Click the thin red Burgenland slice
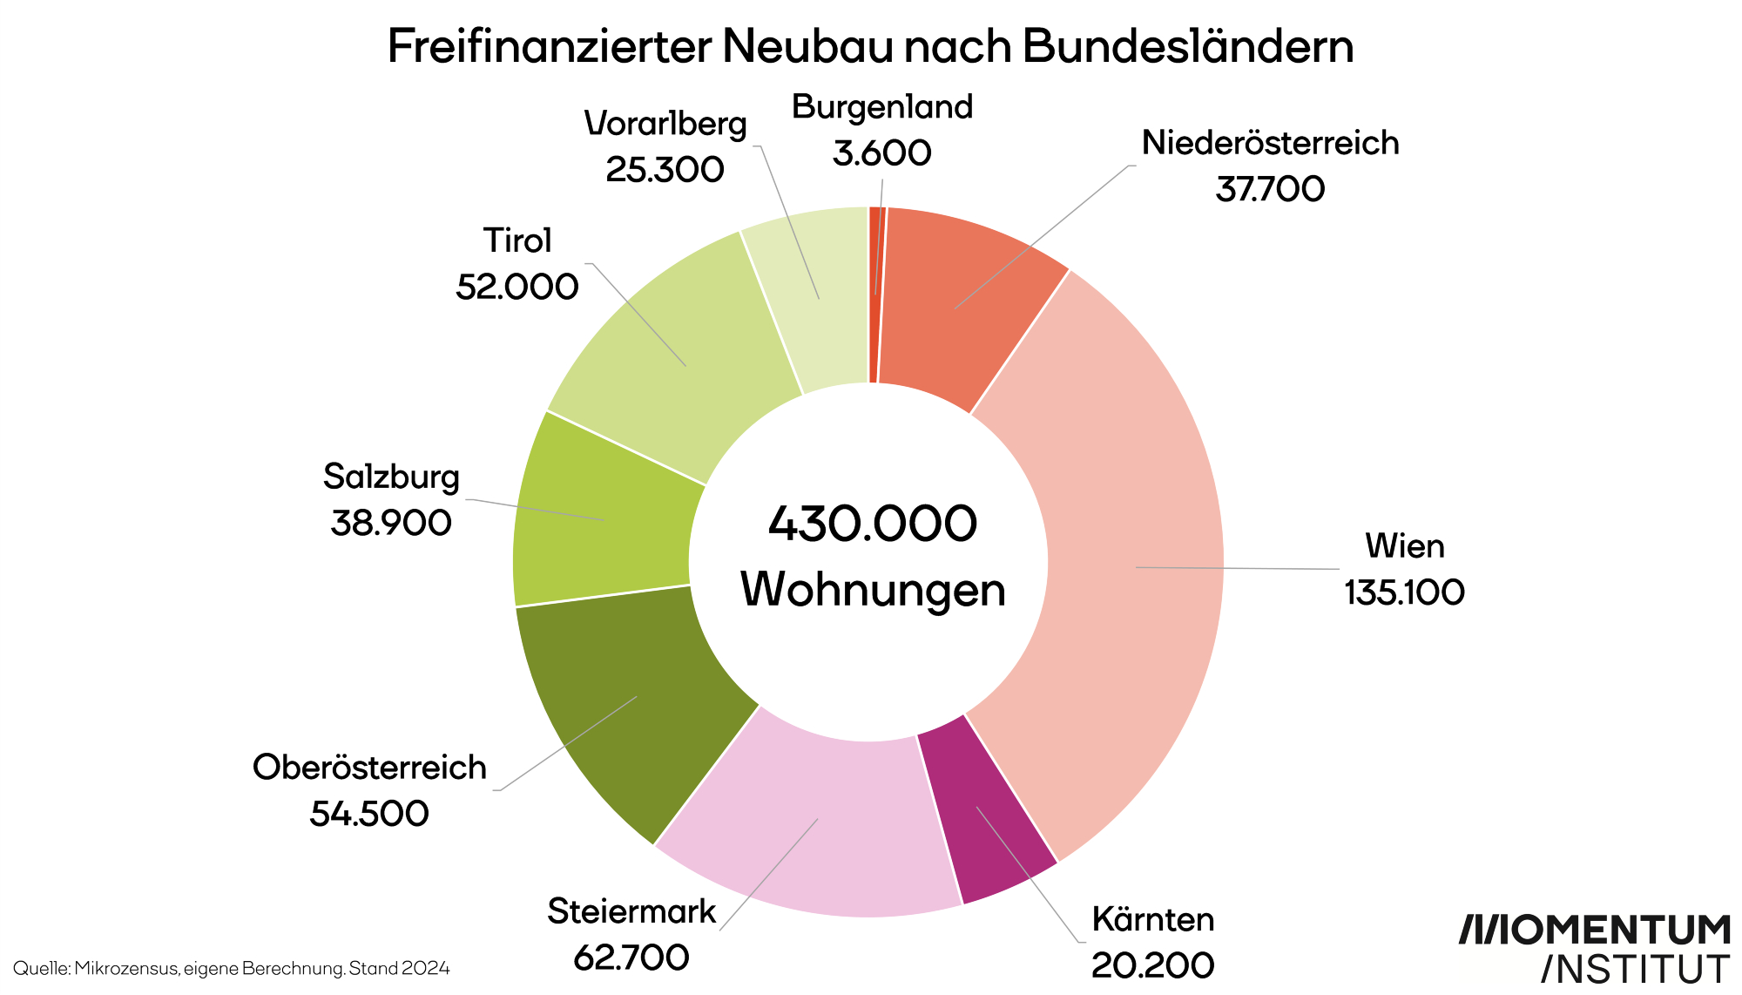874,296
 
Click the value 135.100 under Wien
1404,592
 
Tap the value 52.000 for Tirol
517,287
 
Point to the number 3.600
881,153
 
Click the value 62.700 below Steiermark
631,958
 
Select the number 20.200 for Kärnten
1152,965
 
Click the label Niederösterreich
1270,143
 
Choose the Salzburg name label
391,477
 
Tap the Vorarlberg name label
665,124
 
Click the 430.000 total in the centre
873,523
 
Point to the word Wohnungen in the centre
873,590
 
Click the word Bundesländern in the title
1187,46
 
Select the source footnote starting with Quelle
231,968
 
